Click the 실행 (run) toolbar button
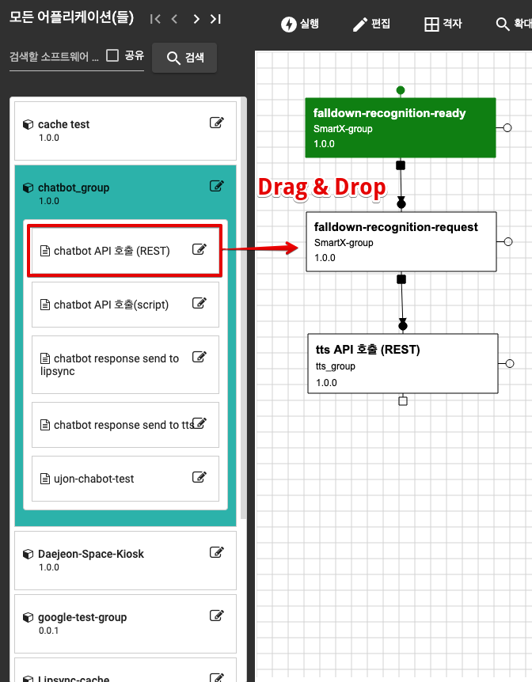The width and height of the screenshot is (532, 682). (x=300, y=24)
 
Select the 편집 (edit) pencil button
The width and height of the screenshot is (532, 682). (x=371, y=24)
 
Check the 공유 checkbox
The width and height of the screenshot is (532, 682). (x=112, y=55)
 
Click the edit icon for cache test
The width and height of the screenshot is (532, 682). (x=216, y=123)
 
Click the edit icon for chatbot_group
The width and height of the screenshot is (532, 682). (x=216, y=186)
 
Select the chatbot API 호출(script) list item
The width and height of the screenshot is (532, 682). (x=111, y=305)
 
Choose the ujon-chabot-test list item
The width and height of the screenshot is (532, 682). (x=93, y=479)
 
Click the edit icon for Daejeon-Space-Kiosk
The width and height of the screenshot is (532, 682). (x=216, y=552)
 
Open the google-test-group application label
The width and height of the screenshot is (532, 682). (x=82, y=617)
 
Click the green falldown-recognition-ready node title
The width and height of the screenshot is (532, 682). (x=389, y=113)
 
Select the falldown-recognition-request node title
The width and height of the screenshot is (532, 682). (x=396, y=227)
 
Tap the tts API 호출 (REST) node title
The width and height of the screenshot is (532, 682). (x=367, y=350)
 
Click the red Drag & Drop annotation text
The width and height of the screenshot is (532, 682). (x=322, y=187)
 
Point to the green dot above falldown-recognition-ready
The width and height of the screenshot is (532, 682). (x=401, y=89)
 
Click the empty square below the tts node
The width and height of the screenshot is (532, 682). (x=403, y=401)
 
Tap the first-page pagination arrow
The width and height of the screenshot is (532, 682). (x=155, y=19)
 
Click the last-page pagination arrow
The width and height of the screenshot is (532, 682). (x=215, y=19)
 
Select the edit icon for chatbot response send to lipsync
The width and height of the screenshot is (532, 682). (x=199, y=357)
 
